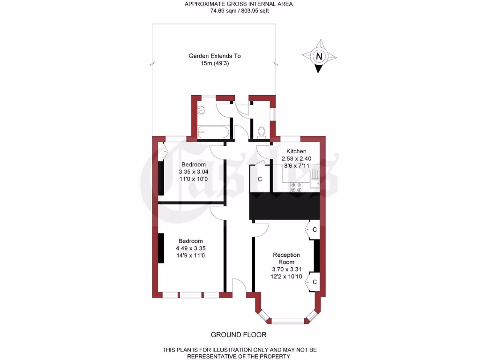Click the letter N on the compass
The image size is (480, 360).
point(319,57)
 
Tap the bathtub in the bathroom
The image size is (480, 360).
point(213,132)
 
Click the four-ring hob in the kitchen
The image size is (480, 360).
point(296,187)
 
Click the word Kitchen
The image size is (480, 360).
point(296,151)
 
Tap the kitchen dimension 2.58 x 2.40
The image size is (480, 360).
point(296,158)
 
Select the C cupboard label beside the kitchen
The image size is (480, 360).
point(260,179)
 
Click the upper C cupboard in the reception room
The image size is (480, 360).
point(315,230)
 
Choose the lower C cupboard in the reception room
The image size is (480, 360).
point(315,282)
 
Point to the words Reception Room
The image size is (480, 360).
point(286,258)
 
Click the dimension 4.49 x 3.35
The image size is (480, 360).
point(191,248)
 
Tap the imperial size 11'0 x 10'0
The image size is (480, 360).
point(193,179)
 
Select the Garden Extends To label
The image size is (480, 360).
point(215,56)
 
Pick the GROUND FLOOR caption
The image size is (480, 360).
point(239,335)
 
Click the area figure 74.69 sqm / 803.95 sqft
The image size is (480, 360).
point(239,11)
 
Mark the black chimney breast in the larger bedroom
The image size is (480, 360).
point(161,248)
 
